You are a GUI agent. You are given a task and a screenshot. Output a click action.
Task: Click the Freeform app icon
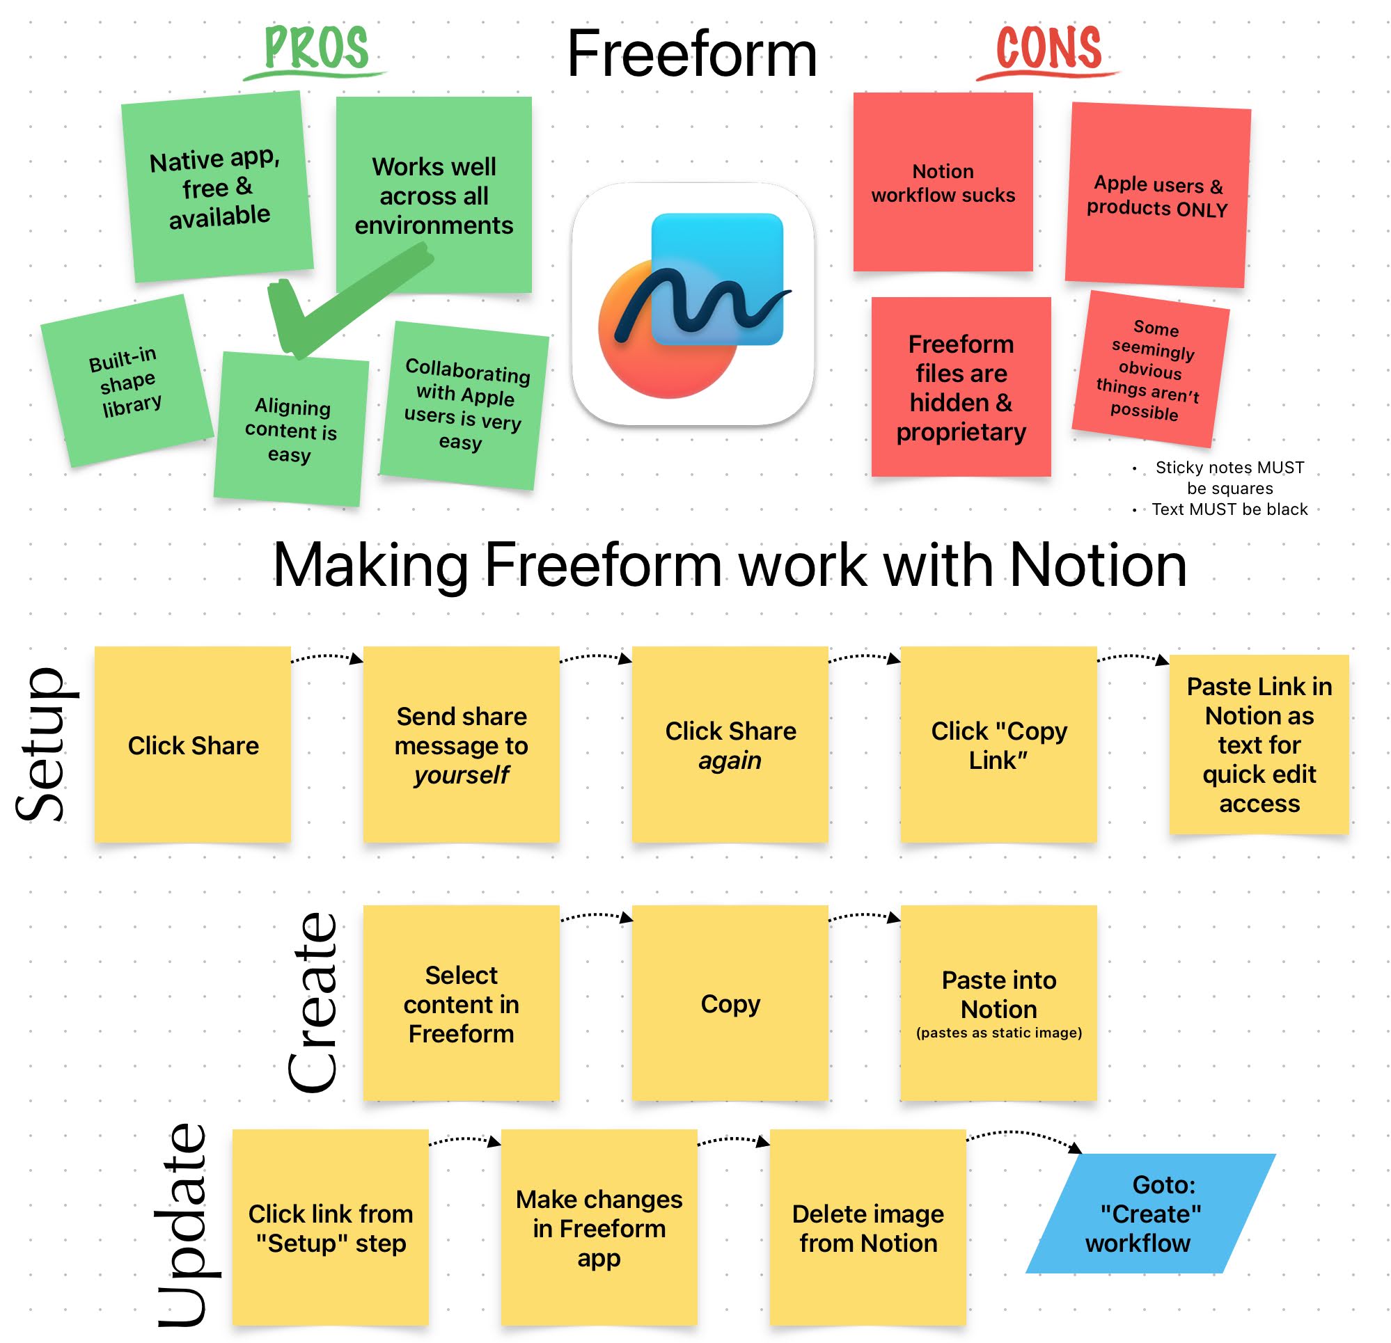pyautogui.click(x=693, y=304)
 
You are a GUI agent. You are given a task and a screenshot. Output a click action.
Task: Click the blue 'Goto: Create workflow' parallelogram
pyautogui.click(x=1149, y=1213)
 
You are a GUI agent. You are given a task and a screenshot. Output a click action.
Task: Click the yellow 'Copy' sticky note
pyautogui.click(x=730, y=1003)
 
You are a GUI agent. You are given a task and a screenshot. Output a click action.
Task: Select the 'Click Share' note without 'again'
pyautogui.click(x=192, y=745)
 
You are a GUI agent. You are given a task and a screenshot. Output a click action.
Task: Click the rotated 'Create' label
pyautogui.click(x=313, y=1002)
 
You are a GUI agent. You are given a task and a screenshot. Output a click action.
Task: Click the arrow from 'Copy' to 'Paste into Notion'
pyautogui.click(x=864, y=916)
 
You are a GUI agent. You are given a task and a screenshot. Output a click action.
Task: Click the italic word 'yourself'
pyautogui.click(x=462, y=774)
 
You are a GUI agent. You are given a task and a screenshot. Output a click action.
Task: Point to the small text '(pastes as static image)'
pyautogui.click(x=998, y=1032)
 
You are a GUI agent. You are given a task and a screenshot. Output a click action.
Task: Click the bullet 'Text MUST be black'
pyautogui.click(x=1229, y=509)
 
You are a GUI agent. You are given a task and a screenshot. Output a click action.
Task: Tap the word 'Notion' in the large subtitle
pyautogui.click(x=1097, y=566)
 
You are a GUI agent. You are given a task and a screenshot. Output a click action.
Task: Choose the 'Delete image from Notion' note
pyautogui.click(x=867, y=1227)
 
